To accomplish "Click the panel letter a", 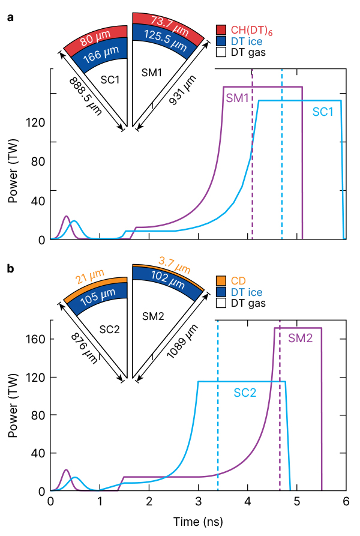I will [10, 18].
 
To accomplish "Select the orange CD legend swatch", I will [221, 280].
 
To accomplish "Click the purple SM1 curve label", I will [237, 98].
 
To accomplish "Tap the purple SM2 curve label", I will [300, 339].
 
